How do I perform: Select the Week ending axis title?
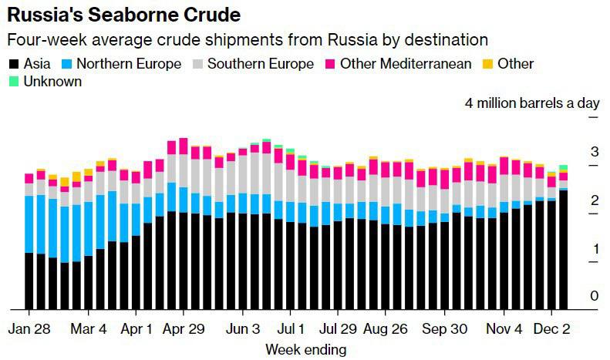[x=305, y=349]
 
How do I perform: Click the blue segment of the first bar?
[x=29, y=224]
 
